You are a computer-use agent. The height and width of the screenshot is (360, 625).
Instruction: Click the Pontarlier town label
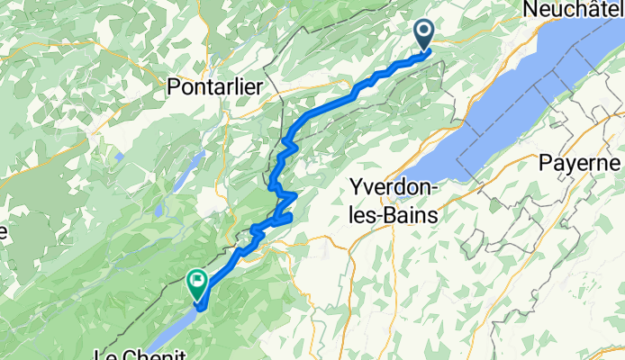pos(214,85)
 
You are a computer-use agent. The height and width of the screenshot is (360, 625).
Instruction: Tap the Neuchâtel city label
pos(572,7)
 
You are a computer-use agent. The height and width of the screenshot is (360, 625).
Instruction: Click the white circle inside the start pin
pos(424,32)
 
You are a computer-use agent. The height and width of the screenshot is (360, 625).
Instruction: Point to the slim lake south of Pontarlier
pos(192,166)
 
